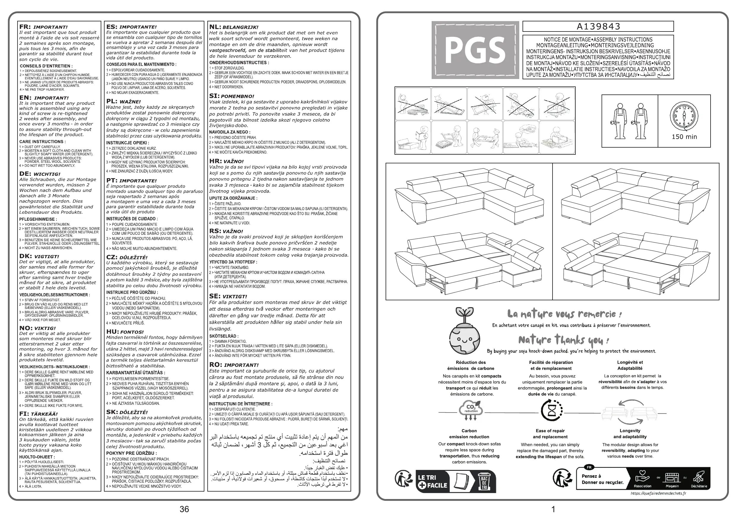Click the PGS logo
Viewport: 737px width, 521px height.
475,50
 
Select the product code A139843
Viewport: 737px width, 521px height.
598,26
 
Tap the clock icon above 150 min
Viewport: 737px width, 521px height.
684,116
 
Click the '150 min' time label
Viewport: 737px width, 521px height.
684,137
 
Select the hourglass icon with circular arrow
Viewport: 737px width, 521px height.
551,411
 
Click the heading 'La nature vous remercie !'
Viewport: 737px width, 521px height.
564,314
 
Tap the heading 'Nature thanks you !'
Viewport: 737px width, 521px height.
563,340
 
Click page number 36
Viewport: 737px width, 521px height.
184,509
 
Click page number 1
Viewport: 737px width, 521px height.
553,509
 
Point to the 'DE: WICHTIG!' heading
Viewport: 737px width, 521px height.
40,174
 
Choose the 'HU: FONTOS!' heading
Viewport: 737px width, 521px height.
125,331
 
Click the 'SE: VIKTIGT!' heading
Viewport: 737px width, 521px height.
228,296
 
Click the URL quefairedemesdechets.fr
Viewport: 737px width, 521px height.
658,493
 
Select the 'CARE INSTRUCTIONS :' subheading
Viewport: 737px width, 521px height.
42,142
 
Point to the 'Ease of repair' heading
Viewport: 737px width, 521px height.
550,431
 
